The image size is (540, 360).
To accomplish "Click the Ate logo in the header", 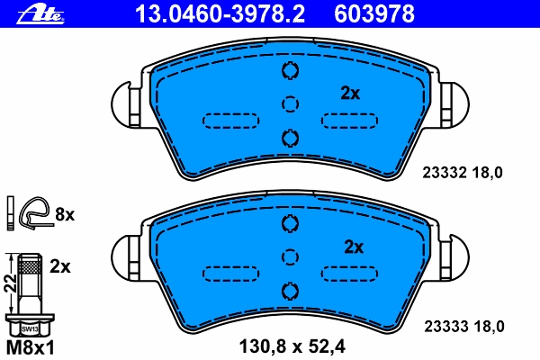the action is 40,14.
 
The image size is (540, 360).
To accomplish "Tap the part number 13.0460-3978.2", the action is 220,13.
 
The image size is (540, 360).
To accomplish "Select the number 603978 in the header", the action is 374,13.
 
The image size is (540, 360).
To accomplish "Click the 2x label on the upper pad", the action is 350,93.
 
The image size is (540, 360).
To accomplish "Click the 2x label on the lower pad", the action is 354,247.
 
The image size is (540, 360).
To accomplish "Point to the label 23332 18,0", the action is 463,173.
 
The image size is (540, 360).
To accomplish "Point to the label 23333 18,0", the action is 463,326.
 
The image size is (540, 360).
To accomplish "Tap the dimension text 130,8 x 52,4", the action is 292,346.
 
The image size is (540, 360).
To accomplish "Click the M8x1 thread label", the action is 31,348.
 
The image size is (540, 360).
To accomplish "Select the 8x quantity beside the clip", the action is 65,214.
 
